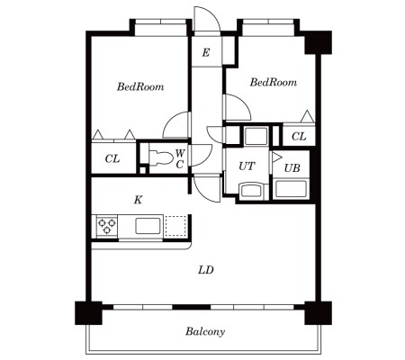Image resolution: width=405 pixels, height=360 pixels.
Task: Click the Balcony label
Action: click(x=205, y=331)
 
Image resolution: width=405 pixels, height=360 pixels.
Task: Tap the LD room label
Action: click(x=206, y=270)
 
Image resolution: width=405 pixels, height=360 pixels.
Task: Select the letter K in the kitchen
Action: click(x=138, y=200)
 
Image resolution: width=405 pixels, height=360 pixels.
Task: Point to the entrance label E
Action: click(x=206, y=53)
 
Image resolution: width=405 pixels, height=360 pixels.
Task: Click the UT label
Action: click(x=247, y=166)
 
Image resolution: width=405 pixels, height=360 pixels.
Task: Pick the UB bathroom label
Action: click(x=292, y=168)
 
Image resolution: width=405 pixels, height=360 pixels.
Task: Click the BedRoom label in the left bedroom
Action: click(x=140, y=86)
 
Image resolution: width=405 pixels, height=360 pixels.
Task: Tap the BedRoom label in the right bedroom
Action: click(x=274, y=82)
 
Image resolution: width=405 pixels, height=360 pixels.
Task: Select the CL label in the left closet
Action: click(x=112, y=158)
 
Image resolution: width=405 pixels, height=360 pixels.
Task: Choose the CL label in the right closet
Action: click(x=299, y=137)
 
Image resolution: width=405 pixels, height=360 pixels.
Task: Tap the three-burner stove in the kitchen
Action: click(x=107, y=226)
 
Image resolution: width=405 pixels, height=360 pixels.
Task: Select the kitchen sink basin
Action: click(x=148, y=226)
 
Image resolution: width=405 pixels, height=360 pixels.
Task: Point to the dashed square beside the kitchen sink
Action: click(x=175, y=226)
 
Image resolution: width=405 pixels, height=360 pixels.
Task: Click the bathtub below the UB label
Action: click(x=292, y=189)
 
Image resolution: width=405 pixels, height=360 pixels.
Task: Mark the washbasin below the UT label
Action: click(x=251, y=192)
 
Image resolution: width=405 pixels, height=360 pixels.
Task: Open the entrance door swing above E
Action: click(x=207, y=19)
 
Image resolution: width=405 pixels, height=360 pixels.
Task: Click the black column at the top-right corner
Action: click(x=319, y=42)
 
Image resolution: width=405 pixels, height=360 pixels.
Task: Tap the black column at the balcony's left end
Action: click(x=88, y=313)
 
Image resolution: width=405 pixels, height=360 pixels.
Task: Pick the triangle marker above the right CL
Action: click(x=307, y=116)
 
